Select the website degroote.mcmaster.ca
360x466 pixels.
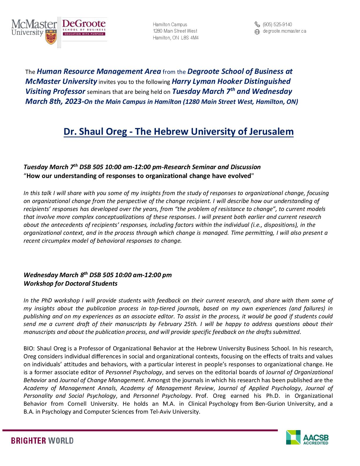tap(284, 31)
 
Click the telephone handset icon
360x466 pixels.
tap(257, 24)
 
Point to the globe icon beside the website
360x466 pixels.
tap(257, 31)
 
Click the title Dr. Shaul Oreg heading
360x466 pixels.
tap(179, 132)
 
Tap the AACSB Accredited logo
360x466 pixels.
tap(307, 437)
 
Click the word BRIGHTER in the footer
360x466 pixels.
tap(29, 441)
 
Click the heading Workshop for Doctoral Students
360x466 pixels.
tap(71, 283)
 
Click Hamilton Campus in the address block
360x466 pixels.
tap(170, 24)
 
